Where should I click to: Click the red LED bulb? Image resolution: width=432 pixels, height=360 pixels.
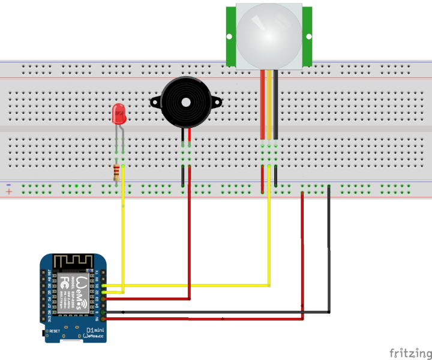click(119, 113)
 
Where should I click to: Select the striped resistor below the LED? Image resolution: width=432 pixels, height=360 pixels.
click(116, 173)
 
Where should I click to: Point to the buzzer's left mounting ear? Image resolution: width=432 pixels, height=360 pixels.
click(155, 101)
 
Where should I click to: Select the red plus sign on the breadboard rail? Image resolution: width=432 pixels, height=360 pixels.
click(8, 192)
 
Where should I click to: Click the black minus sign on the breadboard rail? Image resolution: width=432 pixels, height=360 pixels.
click(8, 184)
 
